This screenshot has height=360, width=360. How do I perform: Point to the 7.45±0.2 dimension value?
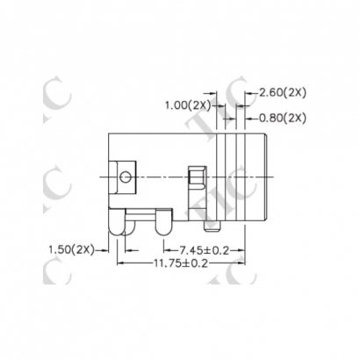[x=203, y=250]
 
